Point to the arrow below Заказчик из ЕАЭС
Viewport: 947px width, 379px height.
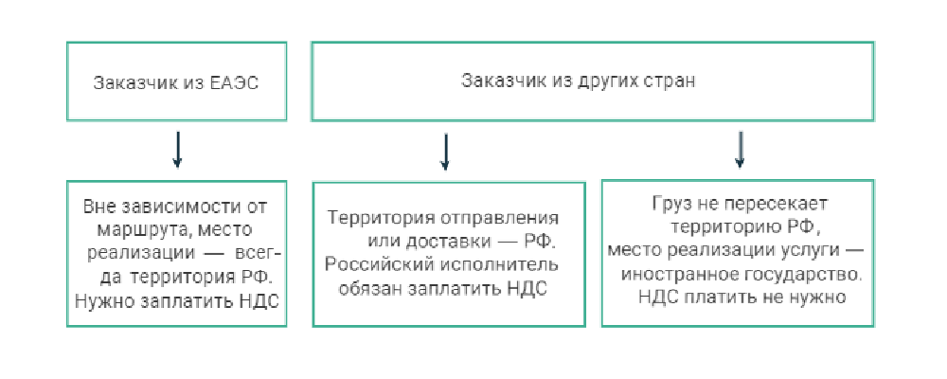tap(177, 151)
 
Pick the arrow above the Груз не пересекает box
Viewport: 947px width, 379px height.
tap(741, 150)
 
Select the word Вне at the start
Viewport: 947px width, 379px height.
tap(98, 207)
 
